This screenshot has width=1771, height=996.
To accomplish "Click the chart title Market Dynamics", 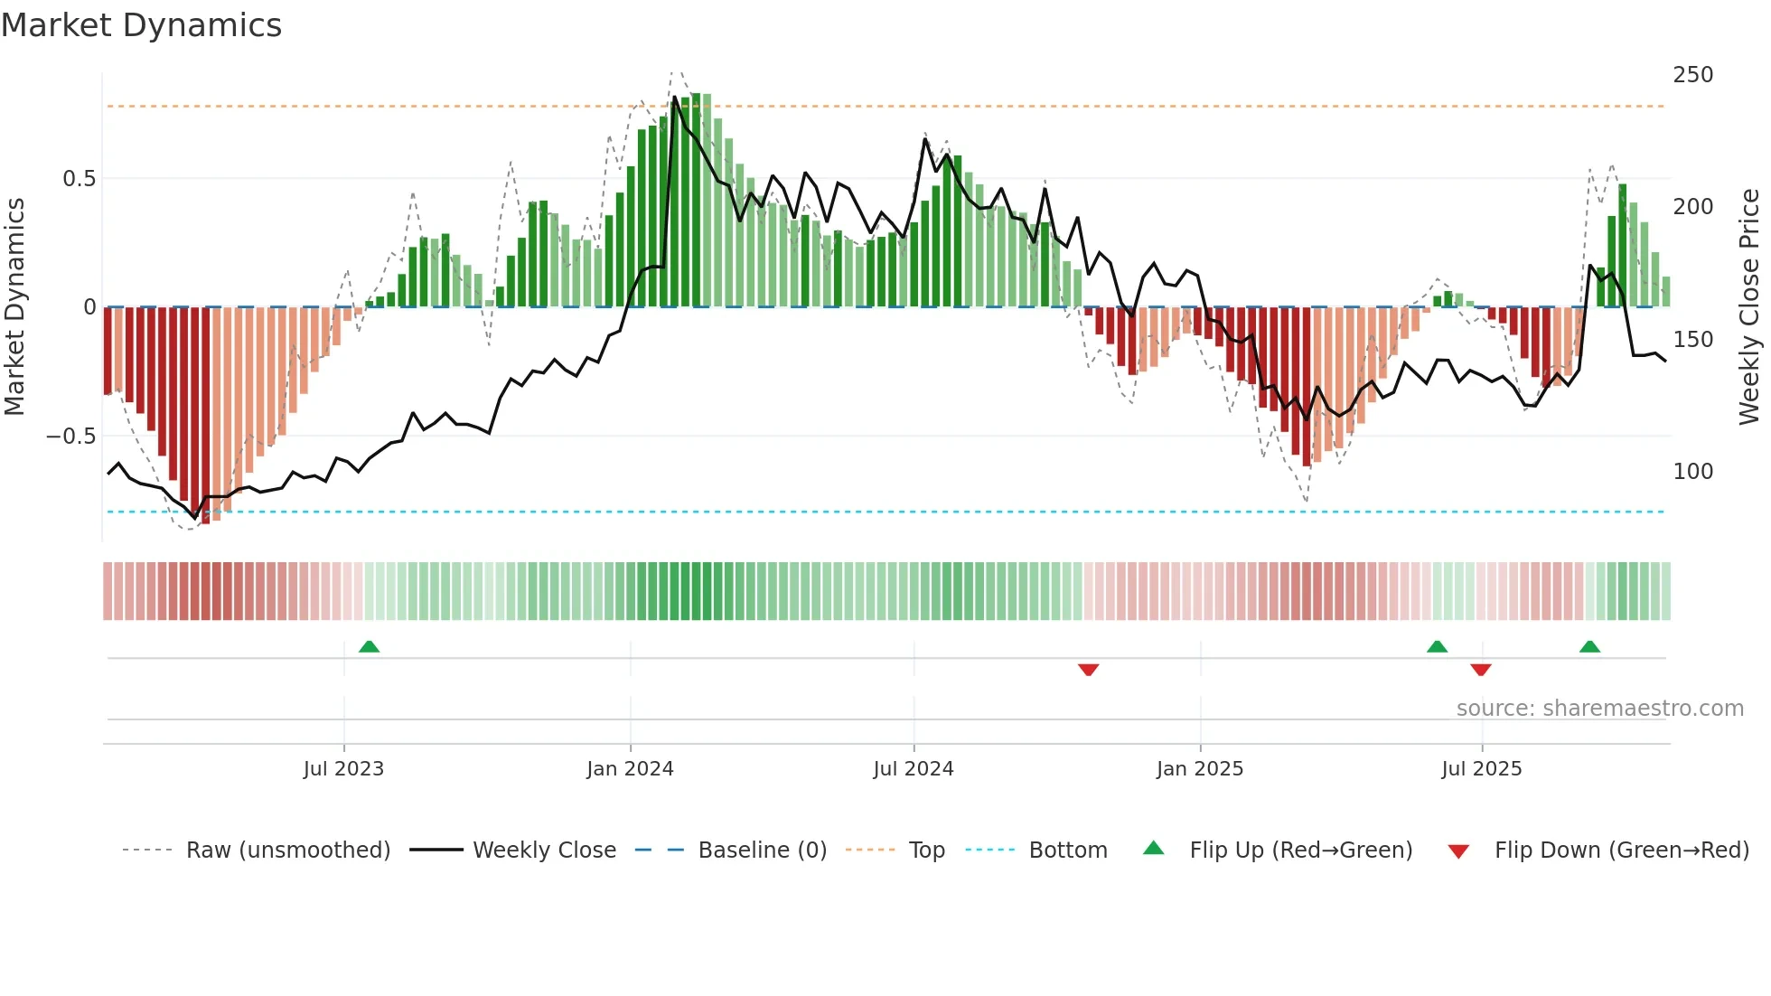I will tap(142, 25).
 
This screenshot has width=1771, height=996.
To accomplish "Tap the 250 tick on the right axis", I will tap(1692, 75).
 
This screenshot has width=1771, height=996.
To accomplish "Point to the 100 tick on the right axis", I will tap(1692, 472).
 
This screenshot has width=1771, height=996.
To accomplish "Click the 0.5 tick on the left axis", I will tap(79, 179).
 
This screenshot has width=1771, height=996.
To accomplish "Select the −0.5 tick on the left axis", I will tap(71, 437).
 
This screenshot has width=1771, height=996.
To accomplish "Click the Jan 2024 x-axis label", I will tap(630, 769).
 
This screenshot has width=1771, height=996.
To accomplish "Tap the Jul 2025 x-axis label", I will tap(1481, 769).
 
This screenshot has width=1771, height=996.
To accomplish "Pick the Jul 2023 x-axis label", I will tap(343, 769).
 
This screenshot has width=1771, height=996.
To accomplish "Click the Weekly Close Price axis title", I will tap(1749, 307).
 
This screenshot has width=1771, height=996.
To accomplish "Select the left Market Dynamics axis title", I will tap(14, 307).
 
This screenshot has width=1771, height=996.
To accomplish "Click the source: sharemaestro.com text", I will tap(1599, 709).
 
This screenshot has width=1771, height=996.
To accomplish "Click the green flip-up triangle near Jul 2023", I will tap(369, 646).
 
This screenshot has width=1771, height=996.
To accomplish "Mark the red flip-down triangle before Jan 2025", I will tap(1088, 670).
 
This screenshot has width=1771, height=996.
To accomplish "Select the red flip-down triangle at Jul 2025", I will tap(1480, 670).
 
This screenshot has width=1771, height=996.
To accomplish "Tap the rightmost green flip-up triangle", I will tap(1589, 646).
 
